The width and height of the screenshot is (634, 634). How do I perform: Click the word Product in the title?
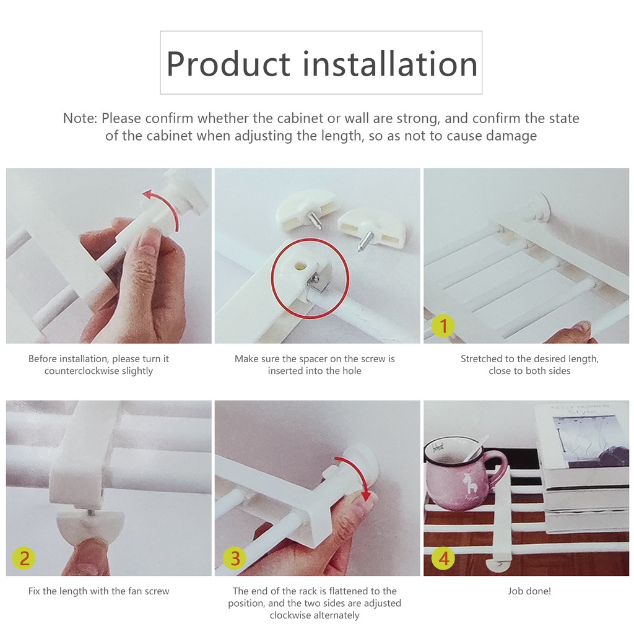228,64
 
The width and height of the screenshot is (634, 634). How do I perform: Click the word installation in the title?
390,63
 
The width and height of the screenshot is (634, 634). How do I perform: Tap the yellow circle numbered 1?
443,326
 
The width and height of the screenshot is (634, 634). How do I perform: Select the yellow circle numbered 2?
24,558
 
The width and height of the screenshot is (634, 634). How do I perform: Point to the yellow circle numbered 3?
235,558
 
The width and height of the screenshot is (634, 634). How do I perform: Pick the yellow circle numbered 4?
443,558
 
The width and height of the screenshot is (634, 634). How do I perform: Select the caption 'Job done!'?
529,591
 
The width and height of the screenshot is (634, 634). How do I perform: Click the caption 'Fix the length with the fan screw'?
98,591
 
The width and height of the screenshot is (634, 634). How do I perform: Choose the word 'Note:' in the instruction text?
80,118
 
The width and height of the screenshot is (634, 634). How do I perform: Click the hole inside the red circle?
300,266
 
